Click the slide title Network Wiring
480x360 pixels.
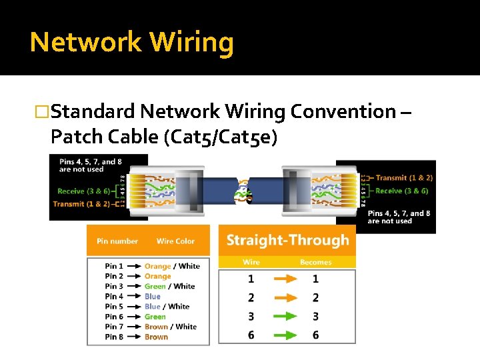(x=131, y=42)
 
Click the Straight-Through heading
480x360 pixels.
(x=287, y=240)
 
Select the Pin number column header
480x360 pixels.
(x=117, y=241)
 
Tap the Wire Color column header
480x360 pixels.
(x=175, y=241)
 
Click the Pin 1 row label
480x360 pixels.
(x=114, y=266)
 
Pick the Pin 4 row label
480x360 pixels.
(x=114, y=297)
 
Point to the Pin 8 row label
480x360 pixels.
(x=114, y=337)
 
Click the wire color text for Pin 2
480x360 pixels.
(x=158, y=276)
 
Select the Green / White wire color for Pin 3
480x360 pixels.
(x=169, y=287)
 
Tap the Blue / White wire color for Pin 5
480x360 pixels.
(x=167, y=307)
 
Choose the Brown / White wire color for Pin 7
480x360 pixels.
(x=171, y=327)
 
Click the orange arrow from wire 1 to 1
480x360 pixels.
(x=283, y=279)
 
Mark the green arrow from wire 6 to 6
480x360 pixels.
(x=283, y=335)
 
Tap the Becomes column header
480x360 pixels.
(x=315, y=262)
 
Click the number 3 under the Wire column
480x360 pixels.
(x=251, y=316)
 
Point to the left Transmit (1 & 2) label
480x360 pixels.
(x=81, y=204)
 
